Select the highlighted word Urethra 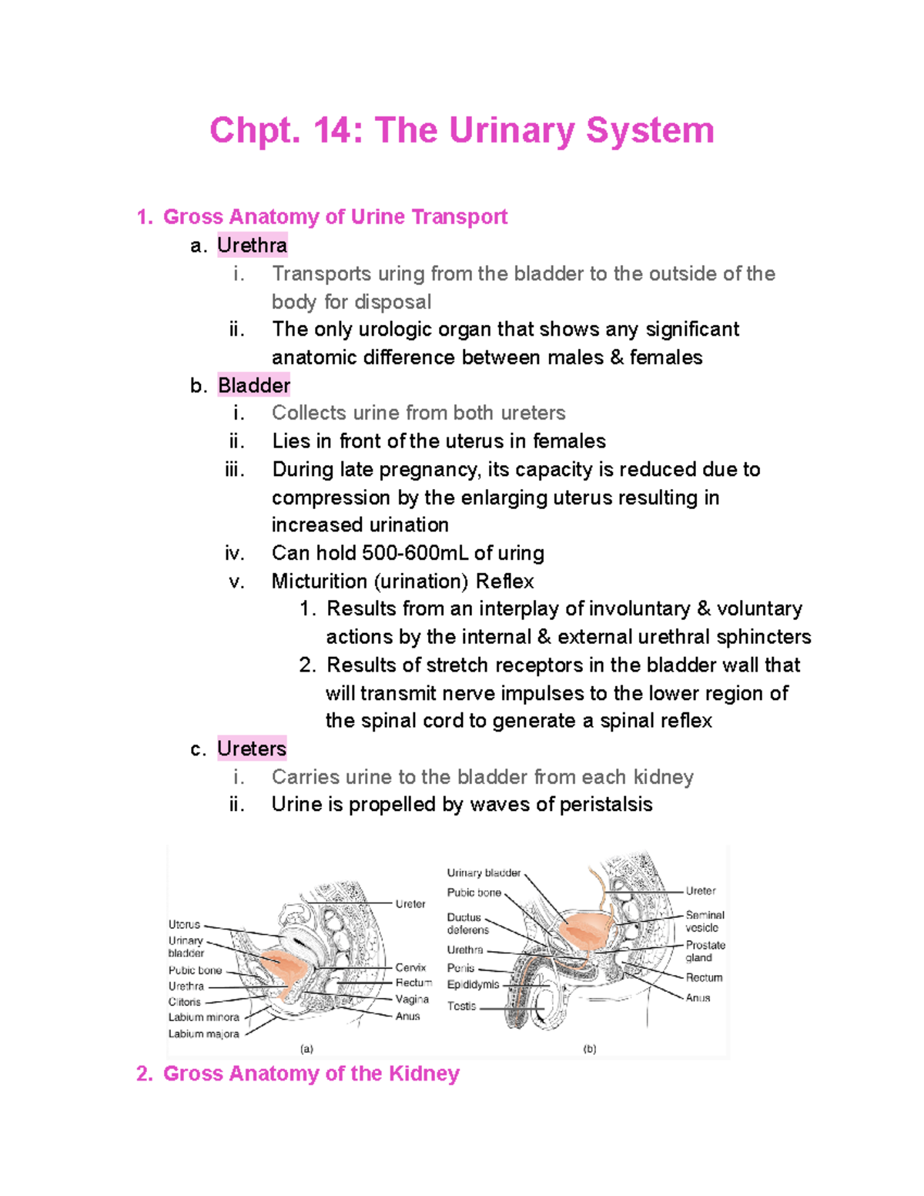tap(252, 246)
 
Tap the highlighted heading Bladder tap(253, 385)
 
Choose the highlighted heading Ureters tap(251, 749)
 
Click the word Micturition tap(319, 581)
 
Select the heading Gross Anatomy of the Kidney tap(310, 1074)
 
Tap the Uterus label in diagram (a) tap(184, 924)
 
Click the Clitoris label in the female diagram tap(184, 1002)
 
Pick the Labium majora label tap(203, 1034)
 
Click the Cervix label tap(410, 967)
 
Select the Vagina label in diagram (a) tap(412, 999)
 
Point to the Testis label tap(461, 1006)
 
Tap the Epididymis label tap(473, 984)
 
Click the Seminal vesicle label tap(705, 921)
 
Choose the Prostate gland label tap(705, 951)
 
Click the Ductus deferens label tap(467, 923)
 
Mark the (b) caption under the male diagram tap(589, 1049)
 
